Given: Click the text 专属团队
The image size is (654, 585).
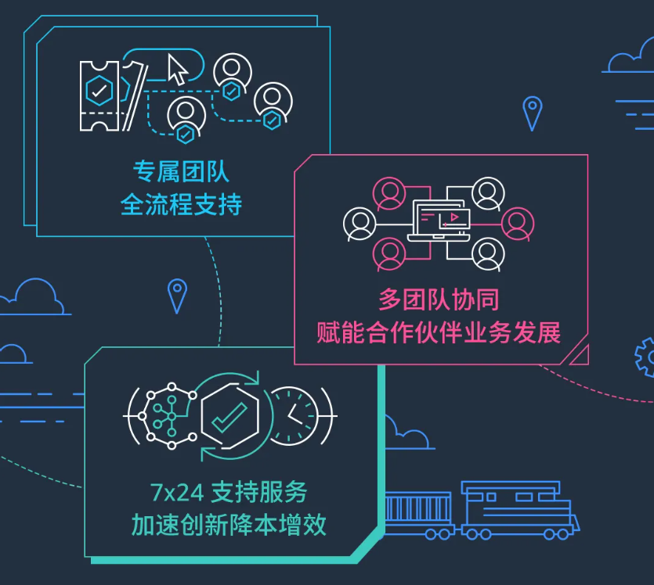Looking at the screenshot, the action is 181,171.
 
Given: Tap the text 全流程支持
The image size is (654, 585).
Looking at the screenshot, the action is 181,204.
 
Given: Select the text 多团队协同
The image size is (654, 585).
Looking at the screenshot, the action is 439,300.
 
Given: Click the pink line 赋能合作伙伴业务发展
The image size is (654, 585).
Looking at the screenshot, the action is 439,332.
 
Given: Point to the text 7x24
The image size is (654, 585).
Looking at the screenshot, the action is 177,493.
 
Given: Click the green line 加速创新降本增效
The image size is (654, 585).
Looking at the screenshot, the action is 229,525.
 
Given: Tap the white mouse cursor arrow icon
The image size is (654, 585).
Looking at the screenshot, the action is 178,70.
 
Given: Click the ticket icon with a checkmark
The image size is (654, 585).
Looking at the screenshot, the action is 99,96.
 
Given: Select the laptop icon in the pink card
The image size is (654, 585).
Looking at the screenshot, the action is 439,221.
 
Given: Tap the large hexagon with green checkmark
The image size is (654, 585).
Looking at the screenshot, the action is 229,416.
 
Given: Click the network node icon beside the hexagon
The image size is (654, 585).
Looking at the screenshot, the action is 168,415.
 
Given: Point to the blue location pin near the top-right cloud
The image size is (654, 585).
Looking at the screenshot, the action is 533,113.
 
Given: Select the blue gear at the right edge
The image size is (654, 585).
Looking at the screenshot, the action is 645,357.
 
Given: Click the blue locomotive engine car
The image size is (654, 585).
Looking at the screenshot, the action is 520,511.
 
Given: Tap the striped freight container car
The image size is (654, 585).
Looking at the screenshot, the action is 418,515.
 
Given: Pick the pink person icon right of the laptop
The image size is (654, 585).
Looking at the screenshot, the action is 518,224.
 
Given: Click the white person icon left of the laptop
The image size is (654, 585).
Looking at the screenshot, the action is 360,224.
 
